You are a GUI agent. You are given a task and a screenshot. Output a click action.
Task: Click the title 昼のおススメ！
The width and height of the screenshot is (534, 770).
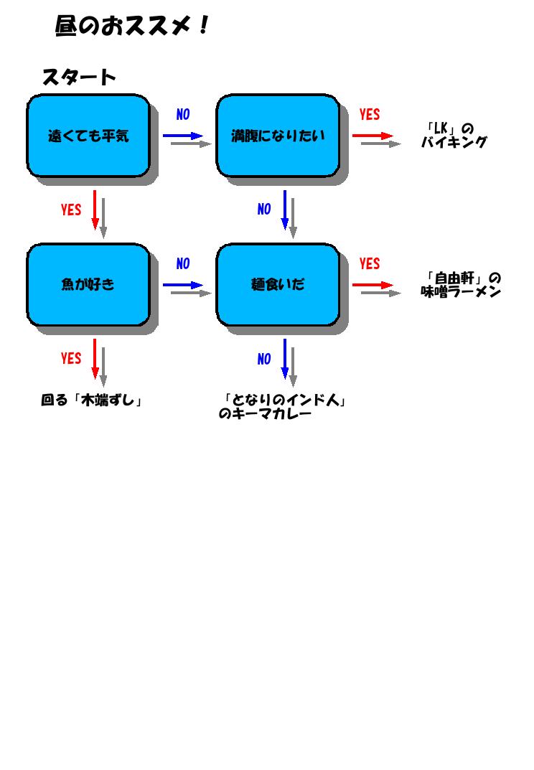tap(131, 26)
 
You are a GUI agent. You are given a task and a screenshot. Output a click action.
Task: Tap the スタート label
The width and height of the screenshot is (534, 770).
tap(79, 77)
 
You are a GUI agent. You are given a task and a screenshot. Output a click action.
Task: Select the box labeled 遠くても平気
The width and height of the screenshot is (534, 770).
tap(88, 136)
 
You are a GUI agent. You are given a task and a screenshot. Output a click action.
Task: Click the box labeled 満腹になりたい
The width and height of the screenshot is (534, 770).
tap(278, 136)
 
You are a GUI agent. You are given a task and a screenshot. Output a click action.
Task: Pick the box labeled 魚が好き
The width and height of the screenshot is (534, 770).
tap(88, 284)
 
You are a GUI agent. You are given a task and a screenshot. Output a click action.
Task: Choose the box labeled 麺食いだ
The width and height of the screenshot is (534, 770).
tap(278, 284)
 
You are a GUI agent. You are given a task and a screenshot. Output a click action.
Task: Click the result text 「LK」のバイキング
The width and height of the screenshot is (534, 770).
tap(454, 136)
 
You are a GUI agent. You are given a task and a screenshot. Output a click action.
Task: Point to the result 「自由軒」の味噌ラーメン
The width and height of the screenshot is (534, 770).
tap(461, 285)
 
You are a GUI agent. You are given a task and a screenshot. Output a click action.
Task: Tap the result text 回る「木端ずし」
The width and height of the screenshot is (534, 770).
tap(91, 400)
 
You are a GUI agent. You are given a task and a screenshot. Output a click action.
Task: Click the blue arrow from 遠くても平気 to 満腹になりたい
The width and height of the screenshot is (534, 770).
tap(183, 136)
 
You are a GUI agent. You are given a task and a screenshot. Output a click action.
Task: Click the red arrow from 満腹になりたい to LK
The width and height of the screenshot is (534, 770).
tap(373, 136)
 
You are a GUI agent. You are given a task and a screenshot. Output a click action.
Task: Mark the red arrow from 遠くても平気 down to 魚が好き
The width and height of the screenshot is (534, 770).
tap(95, 210)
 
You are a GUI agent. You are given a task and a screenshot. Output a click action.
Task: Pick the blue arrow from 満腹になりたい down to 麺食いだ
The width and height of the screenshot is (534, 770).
tap(284, 210)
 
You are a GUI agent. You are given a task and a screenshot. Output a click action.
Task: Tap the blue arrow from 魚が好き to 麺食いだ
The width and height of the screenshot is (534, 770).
tap(183, 285)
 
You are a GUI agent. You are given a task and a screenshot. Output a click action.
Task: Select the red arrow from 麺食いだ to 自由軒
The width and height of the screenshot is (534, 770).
tap(373, 285)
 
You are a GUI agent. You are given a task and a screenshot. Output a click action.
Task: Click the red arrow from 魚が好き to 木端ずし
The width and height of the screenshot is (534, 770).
tap(95, 359)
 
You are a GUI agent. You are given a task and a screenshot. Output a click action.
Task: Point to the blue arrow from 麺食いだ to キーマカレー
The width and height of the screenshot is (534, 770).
tap(284, 359)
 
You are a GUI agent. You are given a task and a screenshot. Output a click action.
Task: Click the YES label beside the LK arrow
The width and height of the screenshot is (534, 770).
tap(370, 114)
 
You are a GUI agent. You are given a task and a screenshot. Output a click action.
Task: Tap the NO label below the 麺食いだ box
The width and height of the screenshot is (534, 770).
tap(264, 359)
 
